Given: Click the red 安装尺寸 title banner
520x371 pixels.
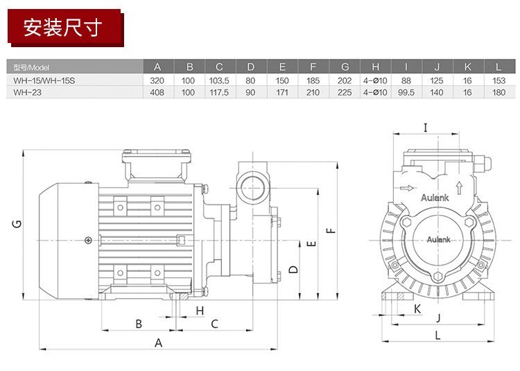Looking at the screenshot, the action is pyautogui.click(x=65, y=28).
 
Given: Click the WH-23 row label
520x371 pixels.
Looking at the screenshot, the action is pyautogui.click(x=28, y=92).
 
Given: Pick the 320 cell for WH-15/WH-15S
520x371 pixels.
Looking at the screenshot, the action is pyautogui.click(x=157, y=80).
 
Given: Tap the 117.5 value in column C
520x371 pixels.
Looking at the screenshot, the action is pyautogui.click(x=219, y=92).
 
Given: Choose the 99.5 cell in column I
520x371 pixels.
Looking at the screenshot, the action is pyautogui.click(x=406, y=92).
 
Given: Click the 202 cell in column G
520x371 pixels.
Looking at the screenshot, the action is pyautogui.click(x=344, y=80).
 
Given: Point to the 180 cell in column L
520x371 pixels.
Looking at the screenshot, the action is pyautogui.click(x=499, y=92).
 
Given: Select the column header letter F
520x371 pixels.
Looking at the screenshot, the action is pyautogui.click(x=313, y=67).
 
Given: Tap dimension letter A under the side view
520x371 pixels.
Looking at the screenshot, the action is pyautogui.click(x=159, y=343).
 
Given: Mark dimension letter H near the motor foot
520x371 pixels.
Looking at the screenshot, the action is pyautogui.click(x=200, y=311).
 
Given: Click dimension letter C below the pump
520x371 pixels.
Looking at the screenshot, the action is pyautogui.click(x=214, y=324).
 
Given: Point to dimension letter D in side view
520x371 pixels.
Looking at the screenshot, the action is pyautogui.click(x=293, y=269).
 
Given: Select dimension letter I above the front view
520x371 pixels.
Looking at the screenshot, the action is pyautogui.click(x=426, y=128).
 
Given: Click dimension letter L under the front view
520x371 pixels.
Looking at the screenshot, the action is pyautogui.click(x=437, y=335).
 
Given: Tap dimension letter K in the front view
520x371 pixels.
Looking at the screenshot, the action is pyautogui.click(x=417, y=309).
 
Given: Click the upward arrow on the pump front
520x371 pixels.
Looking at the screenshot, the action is pyautogui.click(x=459, y=188).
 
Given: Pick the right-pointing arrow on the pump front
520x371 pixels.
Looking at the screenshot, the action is pyautogui.click(x=407, y=188).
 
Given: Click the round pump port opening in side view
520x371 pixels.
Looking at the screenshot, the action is pyautogui.click(x=253, y=188).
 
